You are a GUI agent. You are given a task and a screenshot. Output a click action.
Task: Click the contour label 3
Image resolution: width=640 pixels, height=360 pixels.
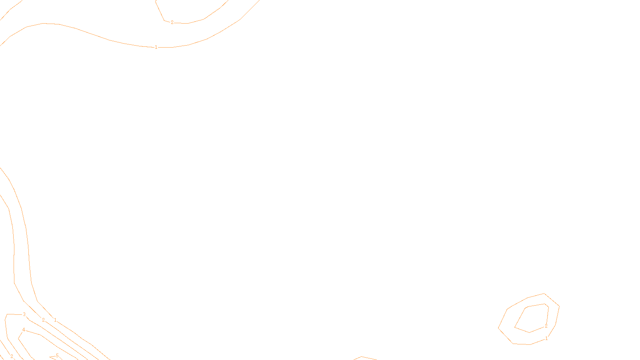[x=24, y=314]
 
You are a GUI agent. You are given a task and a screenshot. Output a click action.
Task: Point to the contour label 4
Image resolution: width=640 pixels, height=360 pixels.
[x=24, y=330]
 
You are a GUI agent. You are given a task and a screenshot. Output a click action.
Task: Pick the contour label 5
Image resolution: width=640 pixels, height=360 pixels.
[x=57, y=355]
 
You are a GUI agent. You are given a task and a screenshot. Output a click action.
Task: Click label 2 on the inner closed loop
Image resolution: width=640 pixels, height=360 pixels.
[x=546, y=326]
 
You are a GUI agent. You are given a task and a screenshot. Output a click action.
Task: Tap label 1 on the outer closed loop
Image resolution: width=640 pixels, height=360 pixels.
[x=546, y=338]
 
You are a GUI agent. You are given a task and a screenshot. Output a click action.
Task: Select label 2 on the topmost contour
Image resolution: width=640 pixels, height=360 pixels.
[x=172, y=22]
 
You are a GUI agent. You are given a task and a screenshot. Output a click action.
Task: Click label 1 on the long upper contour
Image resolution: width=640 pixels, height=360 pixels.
[x=156, y=47]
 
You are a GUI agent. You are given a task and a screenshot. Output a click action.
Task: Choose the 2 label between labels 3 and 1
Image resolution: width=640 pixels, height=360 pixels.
[x=43, y=320]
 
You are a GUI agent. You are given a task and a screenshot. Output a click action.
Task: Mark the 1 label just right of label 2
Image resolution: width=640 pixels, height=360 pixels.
[x=55, y=320]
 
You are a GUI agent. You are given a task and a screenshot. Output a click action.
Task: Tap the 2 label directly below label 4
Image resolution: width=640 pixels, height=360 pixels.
[x=12, y=356]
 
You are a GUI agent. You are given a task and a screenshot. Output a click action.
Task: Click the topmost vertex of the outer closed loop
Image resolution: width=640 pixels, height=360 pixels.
[x=544, y=294]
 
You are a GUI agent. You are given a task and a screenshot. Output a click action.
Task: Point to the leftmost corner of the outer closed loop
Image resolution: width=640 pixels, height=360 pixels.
[x=498, y=328]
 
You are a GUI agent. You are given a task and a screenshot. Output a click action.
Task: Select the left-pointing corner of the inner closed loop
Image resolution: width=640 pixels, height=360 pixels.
[x=515, y=327]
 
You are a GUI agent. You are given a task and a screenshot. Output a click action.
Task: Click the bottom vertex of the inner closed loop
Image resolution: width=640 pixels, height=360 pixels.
[x=529, y=332]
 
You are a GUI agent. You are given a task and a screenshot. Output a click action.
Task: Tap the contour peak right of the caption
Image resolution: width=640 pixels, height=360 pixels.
[x=362, y=356]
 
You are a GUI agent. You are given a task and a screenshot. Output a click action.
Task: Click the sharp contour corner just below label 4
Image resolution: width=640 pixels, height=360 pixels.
[x=18, y=339]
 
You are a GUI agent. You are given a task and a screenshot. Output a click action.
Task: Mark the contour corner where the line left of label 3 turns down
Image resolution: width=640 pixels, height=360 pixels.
[x=7, y=315]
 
